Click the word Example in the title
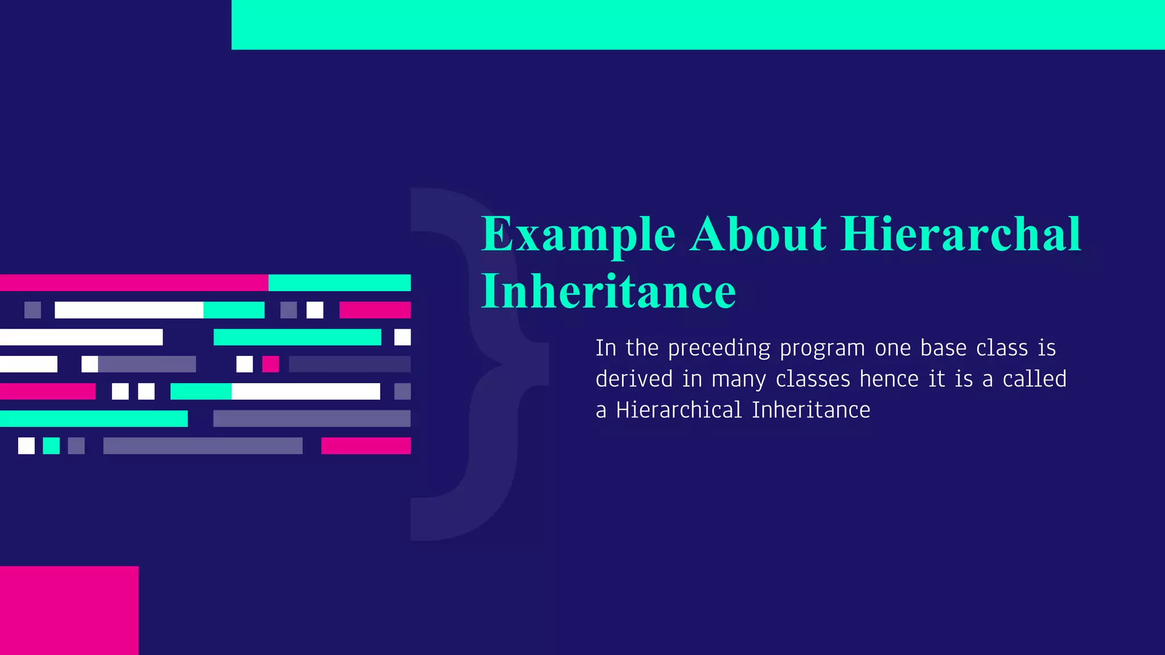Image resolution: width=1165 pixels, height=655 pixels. [x=578, y=234]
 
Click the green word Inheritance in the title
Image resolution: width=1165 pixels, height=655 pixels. [x=608, y=291]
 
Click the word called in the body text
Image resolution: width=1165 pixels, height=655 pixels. [x=1034, y=379]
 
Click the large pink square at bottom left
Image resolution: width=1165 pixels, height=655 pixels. [x=69, y=610]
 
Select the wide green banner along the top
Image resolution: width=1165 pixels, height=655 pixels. [x=697, y=24]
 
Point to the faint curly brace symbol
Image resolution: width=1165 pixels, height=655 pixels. [x=478, y=364]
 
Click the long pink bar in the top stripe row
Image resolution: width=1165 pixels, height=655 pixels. [x=134, y=283]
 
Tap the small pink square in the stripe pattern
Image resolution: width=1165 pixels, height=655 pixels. [x=270, y=364]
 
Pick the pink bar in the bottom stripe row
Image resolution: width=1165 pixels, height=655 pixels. [x=366, y=446]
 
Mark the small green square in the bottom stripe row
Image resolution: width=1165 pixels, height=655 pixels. [x=51, y=446]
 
